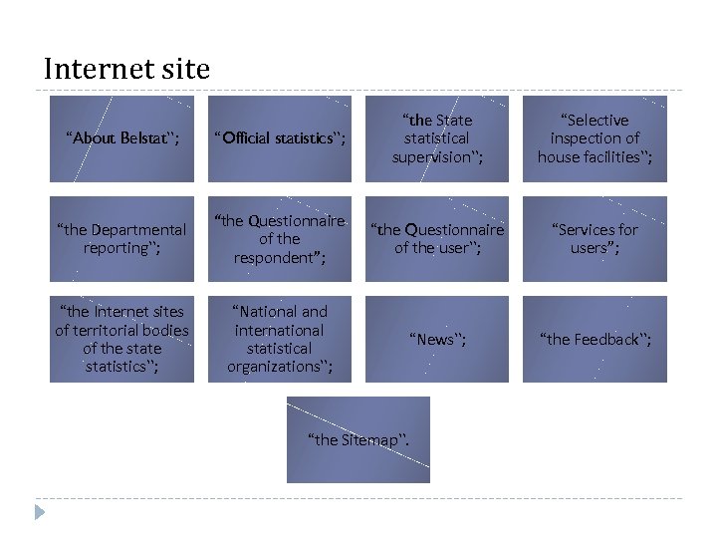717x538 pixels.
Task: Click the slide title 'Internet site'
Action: click(127, 69)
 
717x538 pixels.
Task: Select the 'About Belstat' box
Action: click(122, 138)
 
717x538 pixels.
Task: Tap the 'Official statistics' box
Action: click(280, 138)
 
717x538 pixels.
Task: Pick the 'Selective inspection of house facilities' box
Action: click(595, 138)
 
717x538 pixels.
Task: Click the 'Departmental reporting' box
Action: click(122, 239)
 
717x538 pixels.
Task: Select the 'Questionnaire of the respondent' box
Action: click(280, 239)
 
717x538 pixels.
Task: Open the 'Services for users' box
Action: click(595, 239)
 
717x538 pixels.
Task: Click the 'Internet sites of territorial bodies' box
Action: click(122, 339)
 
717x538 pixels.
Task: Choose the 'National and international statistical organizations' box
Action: click(280, 339)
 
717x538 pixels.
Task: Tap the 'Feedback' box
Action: click(595, 339)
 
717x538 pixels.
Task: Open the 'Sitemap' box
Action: click(358, 439)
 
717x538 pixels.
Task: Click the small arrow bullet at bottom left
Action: click(40, 512)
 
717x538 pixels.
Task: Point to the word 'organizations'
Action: click(272, 367)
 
